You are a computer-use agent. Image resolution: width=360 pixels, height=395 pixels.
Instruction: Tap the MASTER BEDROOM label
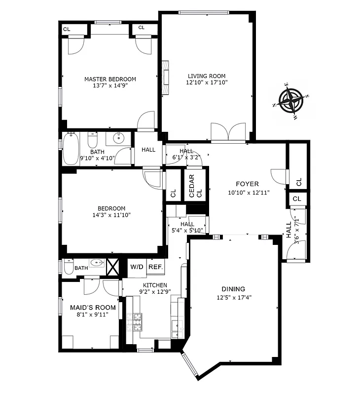(x=110, y=79)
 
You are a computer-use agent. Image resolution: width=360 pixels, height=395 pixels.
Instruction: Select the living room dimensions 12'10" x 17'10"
(x=207, y=83)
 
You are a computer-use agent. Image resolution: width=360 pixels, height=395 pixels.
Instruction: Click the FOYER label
(x=247, y=184)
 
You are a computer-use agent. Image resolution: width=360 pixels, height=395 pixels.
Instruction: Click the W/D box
(x=137, y=267)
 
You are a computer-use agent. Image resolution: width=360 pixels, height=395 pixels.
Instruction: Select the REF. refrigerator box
(x=155, y=267)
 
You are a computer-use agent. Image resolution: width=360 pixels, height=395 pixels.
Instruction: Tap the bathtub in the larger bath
(x=69, y=150)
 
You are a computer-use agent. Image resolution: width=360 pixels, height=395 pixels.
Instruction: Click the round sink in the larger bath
(x=119, y=139)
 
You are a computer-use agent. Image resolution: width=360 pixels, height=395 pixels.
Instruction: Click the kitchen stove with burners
(x=134, y=323)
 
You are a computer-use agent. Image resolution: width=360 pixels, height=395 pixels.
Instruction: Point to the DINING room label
(x=233, y=289)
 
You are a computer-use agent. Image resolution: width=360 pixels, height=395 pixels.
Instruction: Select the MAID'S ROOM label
(x=90, y=308)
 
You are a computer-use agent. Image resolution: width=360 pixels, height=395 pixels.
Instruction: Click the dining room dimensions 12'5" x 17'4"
(x=233, y=297)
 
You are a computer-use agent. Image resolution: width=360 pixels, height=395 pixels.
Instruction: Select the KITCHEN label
(x=155, y=285)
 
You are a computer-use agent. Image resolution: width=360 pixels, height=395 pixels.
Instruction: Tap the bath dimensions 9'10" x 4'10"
(x=97, y=158)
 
